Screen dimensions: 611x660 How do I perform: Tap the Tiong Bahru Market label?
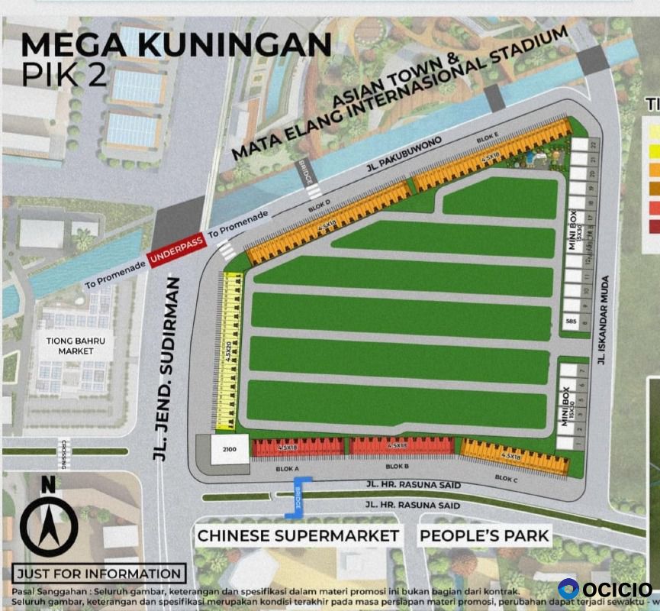tap(75, 345)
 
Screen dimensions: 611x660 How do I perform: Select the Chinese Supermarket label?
tap(298, 535)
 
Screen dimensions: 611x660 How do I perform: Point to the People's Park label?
tap(485, 535)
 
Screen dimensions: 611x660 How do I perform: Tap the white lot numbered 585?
tap(571, 322)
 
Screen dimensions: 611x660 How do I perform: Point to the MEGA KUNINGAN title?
tap(175, 44)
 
